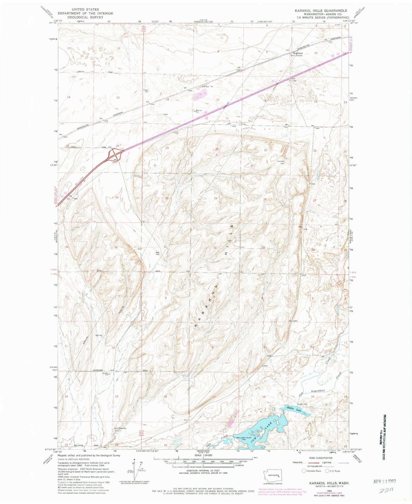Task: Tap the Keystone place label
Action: pos(298,53)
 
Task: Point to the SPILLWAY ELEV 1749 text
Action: pos(241,438)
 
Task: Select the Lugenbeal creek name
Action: pos(318,391)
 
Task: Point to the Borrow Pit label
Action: pos(199,111)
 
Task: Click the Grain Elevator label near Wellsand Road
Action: pos(120,428)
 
